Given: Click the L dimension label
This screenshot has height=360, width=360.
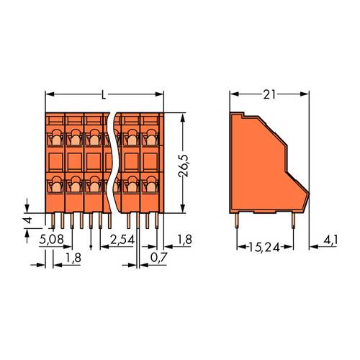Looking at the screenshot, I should tap(105, 95).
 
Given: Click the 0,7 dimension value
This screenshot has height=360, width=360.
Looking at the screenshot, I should tap(154, 256).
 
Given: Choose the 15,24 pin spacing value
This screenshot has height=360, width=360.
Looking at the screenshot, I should tap(265, 246).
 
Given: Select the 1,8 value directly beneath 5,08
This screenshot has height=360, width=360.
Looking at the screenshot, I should tap(73, 256).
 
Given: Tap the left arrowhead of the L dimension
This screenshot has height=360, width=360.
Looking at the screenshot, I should tap(50, 95).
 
